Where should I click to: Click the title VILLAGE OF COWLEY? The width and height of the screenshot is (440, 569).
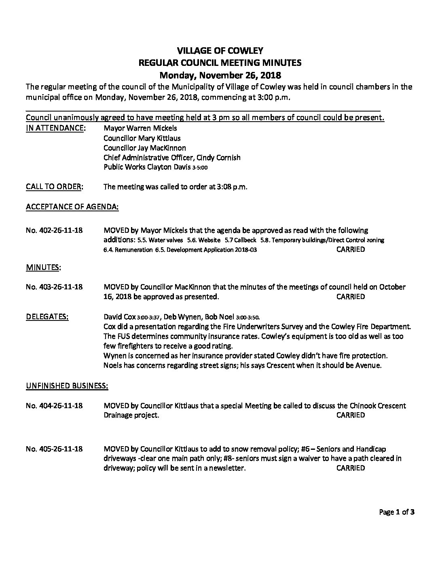220,51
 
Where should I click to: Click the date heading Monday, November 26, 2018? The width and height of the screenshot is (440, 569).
220,75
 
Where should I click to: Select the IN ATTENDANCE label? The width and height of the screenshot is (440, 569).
55,128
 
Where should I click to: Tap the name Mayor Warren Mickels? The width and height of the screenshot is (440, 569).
140,128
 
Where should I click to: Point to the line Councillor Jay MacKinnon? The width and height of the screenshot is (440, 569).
145,148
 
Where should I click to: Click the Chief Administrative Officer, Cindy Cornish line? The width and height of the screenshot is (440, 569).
172,158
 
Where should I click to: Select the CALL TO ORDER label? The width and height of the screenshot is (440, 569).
55,187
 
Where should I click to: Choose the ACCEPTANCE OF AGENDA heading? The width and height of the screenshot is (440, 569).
72,207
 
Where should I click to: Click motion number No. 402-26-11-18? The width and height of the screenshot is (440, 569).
54,230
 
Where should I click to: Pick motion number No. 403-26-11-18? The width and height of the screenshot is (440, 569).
54,287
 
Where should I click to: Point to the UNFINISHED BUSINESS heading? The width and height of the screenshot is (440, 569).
67,386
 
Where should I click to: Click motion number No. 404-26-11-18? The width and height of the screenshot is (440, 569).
54,405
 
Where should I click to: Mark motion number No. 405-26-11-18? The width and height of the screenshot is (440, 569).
54,449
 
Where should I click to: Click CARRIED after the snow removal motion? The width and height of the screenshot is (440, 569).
350,468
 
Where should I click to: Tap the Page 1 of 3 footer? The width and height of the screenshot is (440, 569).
397,512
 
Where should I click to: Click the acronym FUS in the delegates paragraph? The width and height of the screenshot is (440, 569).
125,336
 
